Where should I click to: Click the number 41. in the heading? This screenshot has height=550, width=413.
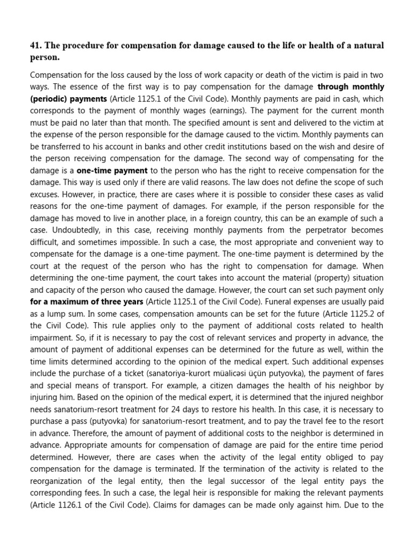pyautogui.click(x=37, y=45)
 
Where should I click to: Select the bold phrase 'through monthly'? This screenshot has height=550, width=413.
pyautogui.click(x=351, y=86)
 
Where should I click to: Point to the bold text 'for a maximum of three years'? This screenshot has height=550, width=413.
pyautogui.click(x=87, y=301)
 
